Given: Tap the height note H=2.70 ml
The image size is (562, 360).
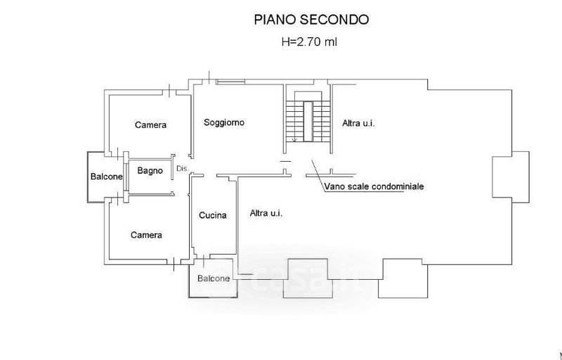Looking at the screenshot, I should click(x=309, y=42).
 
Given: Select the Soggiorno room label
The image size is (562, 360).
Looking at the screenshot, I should click(x=224, y=123).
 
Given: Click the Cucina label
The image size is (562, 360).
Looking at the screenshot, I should click(x=212, y=215).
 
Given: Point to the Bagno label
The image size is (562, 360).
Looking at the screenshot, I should click(x=150, y=170).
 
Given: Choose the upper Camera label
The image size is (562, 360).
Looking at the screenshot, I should click(x=150, y=125).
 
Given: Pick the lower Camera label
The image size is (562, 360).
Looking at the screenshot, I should click(x=146, y=235).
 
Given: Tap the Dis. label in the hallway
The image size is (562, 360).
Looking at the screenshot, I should click(x=182, y=169).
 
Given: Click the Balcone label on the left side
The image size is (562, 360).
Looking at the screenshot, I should click(x=107, y=176).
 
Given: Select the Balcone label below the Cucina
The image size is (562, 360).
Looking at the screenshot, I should click(x=213, y=278).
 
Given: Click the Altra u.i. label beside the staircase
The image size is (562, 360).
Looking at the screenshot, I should click(x=358, y=124).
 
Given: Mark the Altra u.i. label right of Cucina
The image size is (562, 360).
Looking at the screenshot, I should click(x=266, y=213).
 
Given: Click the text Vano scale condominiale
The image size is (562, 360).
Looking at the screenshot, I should click(x=374, y=187).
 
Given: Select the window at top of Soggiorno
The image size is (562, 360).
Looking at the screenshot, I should click(x=230, y=83).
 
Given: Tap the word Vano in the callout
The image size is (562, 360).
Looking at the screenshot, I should click(x=334, y=187).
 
